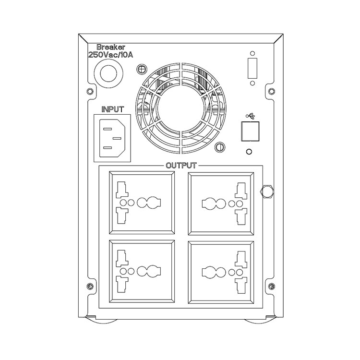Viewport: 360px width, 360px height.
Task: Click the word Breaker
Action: point(111,47)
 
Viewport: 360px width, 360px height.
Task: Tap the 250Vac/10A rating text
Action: point(111,55)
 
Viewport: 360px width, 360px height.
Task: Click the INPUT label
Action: point(112,109)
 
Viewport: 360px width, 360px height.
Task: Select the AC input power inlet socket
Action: point(112,138)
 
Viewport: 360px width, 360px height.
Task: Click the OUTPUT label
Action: point(181,165)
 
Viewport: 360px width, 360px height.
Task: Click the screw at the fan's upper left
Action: point(142,69)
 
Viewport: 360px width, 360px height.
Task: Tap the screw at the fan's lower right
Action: point(220,146)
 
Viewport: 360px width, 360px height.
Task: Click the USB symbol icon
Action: point(250,116)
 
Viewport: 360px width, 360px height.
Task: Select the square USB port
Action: point(250,132)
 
